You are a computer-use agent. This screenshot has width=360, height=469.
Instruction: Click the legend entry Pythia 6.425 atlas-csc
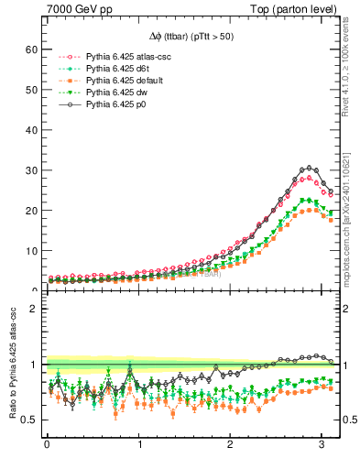coord(129,56)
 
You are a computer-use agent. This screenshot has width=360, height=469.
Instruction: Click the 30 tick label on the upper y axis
coord(29,170)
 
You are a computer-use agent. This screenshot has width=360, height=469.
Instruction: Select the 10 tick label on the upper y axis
coord(29,251)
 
